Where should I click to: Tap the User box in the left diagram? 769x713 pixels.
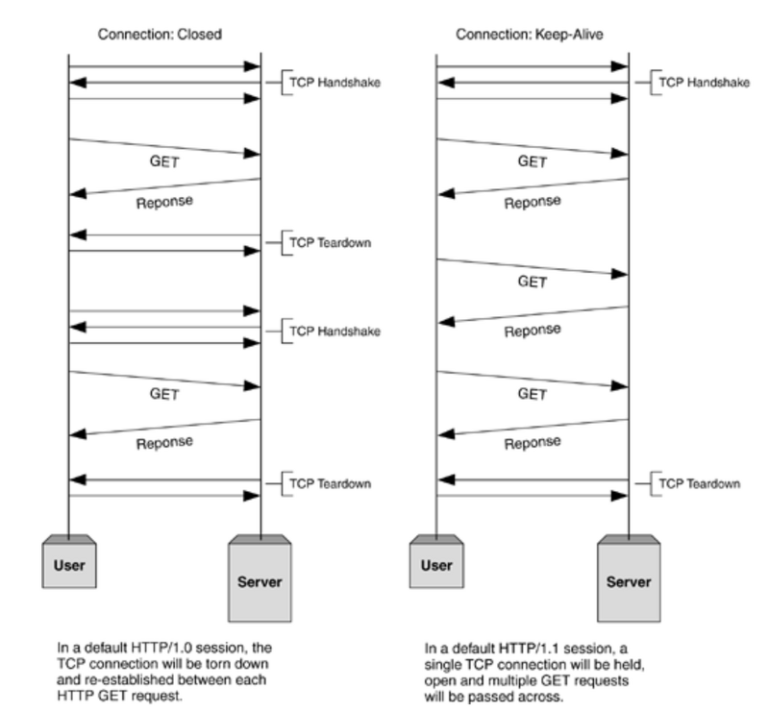(x=69, y=565)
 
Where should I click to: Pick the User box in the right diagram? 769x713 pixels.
(x=437, y=565)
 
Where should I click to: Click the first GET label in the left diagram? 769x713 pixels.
(x=164, y=162)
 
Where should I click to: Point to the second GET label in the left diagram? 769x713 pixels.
(x=164, y=393)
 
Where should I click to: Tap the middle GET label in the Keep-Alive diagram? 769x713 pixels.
(x=533, y=282)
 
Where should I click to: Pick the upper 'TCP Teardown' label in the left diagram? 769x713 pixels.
(x=330, y=242)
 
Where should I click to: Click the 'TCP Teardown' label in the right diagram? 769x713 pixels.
(x=699, y=483)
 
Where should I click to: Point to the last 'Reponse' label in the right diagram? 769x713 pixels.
(x=533, y=444)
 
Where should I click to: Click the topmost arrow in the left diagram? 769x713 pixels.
(x=164, y=67)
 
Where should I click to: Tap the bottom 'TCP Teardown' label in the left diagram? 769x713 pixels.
(x=330, y=483)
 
